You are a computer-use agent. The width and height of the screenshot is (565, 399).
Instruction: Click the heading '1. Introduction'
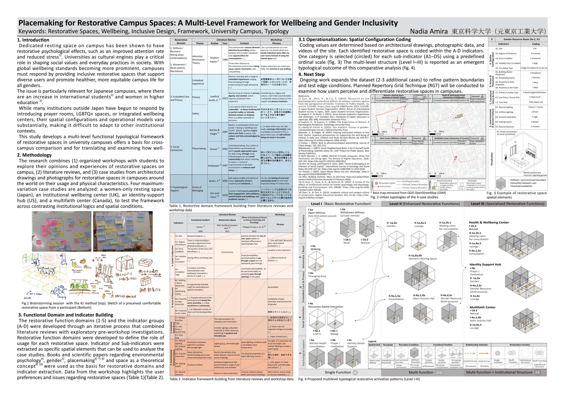33,40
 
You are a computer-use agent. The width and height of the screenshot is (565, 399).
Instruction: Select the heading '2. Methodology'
34,155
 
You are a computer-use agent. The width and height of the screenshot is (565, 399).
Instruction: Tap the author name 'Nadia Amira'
429,31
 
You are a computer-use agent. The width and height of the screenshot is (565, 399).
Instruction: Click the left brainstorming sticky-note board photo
62,231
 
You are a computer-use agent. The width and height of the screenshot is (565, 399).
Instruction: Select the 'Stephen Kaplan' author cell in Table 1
214,60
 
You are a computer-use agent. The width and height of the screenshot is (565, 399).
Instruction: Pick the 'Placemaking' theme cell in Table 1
199,149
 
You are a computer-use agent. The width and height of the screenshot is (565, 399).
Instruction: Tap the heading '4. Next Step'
311,74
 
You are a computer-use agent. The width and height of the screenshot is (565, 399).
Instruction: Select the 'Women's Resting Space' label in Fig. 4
423,259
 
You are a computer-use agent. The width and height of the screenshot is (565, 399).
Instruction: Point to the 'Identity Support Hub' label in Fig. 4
485,265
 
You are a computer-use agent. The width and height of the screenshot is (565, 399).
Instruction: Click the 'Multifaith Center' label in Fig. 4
483,307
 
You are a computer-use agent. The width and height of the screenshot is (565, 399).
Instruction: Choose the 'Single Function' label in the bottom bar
338,373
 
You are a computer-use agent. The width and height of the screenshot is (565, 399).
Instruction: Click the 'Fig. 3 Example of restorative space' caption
516,193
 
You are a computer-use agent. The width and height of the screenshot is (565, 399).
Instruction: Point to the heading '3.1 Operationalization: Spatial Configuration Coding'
355,39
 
